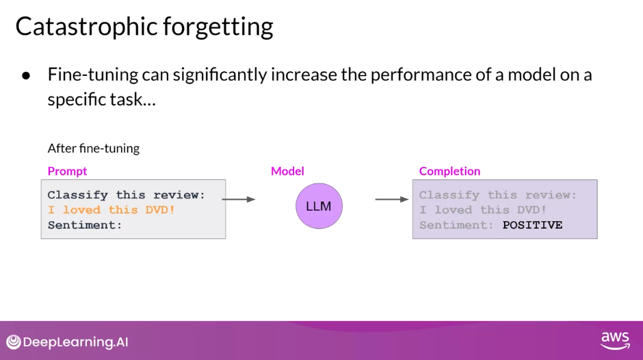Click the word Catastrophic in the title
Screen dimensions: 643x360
click(86, 27)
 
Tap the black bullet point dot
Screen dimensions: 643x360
click(26, 75)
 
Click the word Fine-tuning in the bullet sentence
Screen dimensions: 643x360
click(93, 75)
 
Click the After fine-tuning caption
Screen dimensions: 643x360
click(94, 149)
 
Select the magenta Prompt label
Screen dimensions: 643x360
click(67, 171)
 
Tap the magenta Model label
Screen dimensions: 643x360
click(287, 171)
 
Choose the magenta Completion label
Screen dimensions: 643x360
click(449, 171)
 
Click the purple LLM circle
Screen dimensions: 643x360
click(319, 205)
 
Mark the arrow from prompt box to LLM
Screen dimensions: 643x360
click(239, 199)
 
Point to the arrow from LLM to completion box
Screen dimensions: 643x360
click(392, 199)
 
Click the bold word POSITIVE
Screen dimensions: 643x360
click(532, 225)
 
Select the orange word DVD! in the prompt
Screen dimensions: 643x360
click(160, 209)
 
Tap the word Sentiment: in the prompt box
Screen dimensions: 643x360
click(85, 225)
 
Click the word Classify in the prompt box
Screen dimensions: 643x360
click(77, 195)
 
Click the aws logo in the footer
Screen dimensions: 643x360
click(615, 341)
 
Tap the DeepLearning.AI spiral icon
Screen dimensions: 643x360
click(14, 342)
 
